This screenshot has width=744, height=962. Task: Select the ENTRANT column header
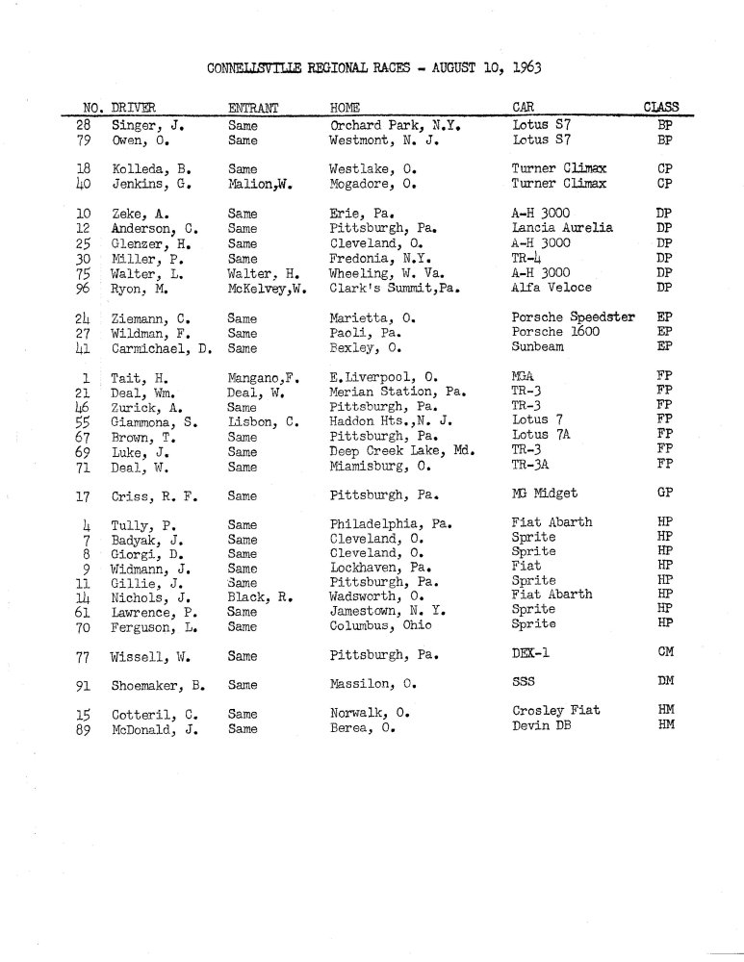coord(252,107)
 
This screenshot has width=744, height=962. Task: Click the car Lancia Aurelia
coord(562,229)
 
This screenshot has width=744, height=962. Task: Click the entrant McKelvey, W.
coord(267,287)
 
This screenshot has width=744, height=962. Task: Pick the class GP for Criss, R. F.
coord(663,495)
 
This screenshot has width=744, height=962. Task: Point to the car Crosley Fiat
coord(557,711)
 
